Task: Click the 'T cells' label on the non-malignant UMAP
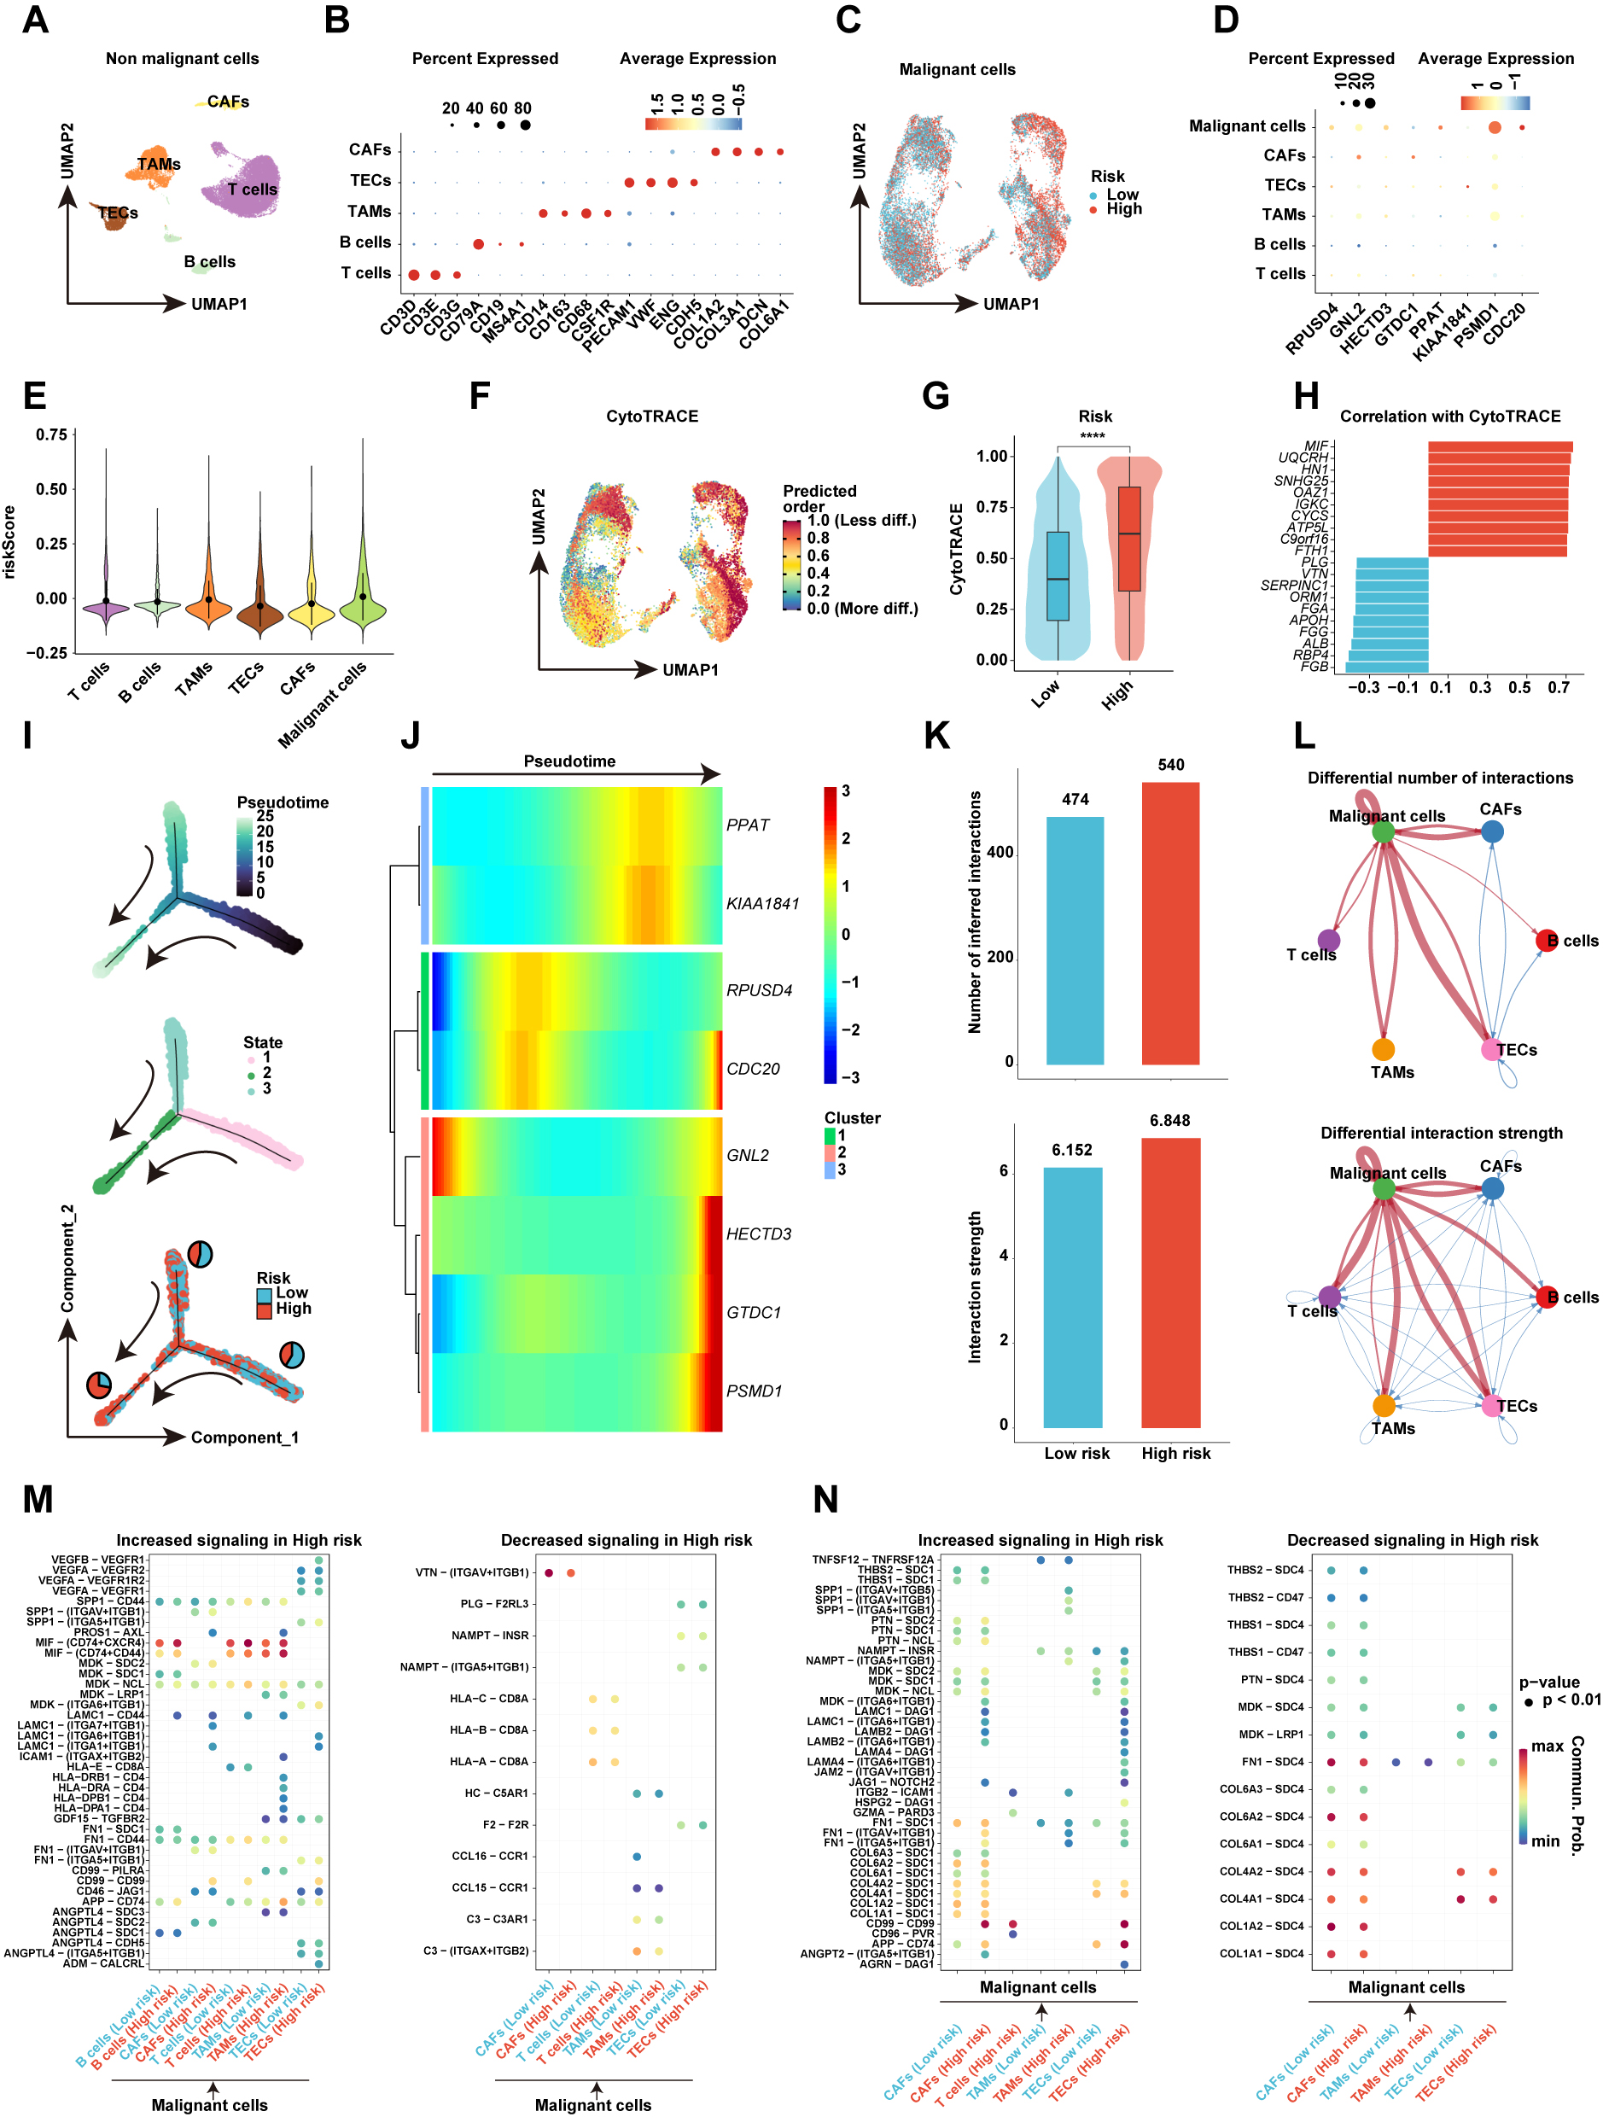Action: coord(252,190)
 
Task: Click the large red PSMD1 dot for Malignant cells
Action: coord(1494,127)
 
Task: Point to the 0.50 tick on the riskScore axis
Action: coord(50,489)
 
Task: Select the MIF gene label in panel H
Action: coord(1316,446)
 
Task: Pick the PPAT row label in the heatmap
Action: coord(748,825)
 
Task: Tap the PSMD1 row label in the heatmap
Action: coord(755,1391)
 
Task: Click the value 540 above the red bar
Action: coord(1170,765)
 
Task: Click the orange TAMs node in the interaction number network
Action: coord(1383,1050)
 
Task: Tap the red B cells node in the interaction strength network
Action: coord(1547,1297)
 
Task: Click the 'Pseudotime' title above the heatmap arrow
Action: coord(569,761)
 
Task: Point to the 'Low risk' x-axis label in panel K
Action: coord(1076,1453)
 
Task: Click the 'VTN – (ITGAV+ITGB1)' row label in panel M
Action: coord(472,1572)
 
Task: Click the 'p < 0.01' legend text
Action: coord(1571,1700)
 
